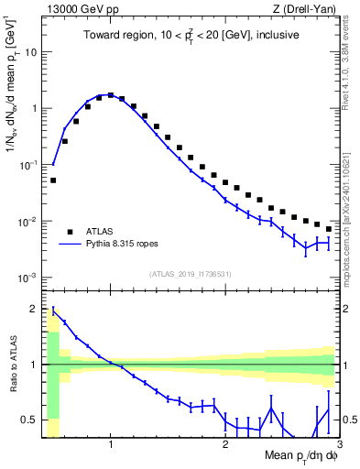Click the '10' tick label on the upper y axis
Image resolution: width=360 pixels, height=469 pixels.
pos(31,51)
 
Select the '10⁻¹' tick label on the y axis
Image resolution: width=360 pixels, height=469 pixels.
pos(27,165)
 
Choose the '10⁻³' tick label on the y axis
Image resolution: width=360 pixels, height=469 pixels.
pos(27,278)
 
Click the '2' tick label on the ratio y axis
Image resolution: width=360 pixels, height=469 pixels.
pos(34,309)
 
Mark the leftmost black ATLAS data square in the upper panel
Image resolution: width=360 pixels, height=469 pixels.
pos(53,180)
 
